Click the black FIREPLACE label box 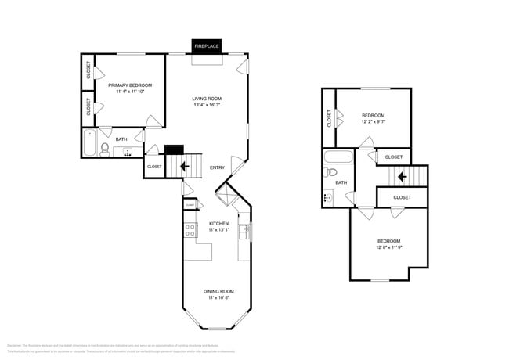tap(207, 46)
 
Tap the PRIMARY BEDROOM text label tap(130, 85)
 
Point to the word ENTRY tap(218, 167)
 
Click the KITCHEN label tap(218, 224)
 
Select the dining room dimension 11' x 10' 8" tap(218, 297)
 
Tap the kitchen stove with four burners tap(189, 230)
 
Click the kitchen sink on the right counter tap(244, 232)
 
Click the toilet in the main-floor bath tap(104, 150)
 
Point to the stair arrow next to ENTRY tap(186, 166)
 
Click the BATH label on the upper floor tap(341, 182)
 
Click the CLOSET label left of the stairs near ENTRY tap(154, 166)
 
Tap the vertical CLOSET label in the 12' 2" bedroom tap(329, 117)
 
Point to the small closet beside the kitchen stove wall tap(190, 204)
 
